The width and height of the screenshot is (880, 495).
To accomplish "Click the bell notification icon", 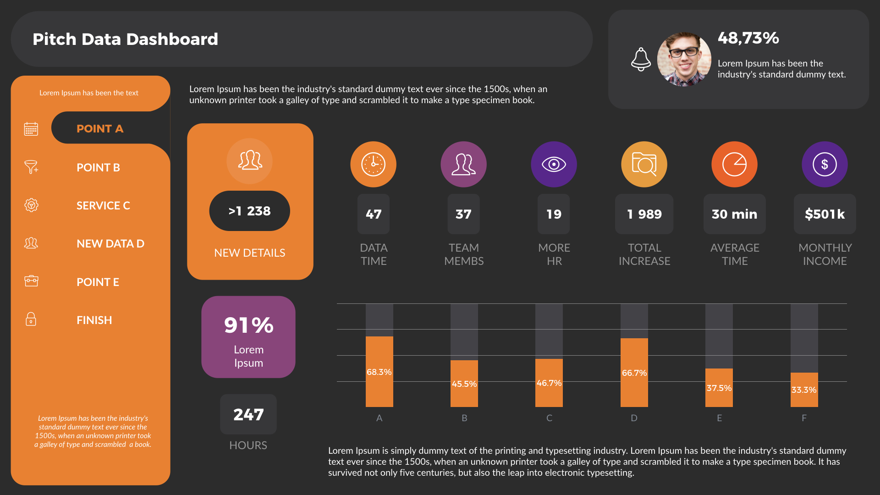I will [641, 59].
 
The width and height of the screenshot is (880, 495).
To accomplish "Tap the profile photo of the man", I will [684, 59].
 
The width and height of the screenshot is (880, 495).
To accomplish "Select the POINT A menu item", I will [100, 129].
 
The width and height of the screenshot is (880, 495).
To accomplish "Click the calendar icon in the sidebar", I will [31, 129].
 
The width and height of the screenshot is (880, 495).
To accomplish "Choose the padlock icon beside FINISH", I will [31, 319].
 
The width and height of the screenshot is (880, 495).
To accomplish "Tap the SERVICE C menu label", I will [103, 205].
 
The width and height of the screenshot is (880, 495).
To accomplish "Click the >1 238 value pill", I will [249, 211].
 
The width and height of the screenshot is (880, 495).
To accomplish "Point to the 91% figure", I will [248, 325].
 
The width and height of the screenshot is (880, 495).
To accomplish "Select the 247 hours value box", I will [248, 414].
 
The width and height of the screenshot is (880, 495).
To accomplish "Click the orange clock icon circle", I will [373, 164].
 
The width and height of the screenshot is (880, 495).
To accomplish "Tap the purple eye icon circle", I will [554, 164].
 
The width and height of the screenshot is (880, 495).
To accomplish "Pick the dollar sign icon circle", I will [825, 164].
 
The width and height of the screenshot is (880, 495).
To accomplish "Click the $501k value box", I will [825, 214].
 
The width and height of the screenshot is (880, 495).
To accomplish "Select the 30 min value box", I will [734, 214].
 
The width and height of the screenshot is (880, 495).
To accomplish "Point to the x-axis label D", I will [634, 418].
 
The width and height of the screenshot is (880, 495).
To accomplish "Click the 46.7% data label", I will [549, 383].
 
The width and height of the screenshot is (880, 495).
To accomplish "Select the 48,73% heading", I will [748, 38].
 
